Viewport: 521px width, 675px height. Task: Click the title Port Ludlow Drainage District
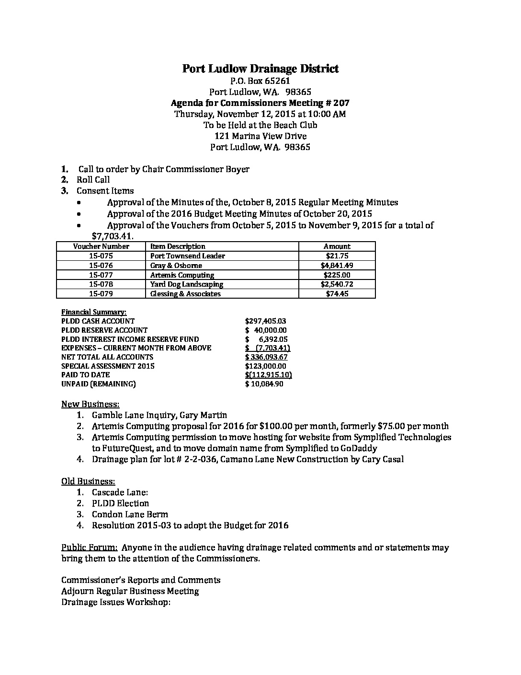click(x=260, y=69)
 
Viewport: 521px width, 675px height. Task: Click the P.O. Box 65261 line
click(x=260, y=81)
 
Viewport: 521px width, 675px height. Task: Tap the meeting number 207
click(x=342, y=103)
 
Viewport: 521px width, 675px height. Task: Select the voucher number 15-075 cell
click(x=101, y=256)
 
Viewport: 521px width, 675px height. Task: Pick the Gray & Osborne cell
click(x=176, y=266)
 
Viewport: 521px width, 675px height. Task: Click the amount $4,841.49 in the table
click(x=337, y=266)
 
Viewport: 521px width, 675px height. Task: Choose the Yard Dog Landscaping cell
click(x=187, y=284)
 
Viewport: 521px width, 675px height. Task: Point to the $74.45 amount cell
click(x=337, y=294)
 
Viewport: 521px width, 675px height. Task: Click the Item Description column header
click(x=178, y=246)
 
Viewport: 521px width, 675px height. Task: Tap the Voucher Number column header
click(x=101, y=246)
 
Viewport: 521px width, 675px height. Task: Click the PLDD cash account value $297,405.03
click(x=265, y=321)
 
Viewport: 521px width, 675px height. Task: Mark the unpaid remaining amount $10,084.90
click(x=264, y=384)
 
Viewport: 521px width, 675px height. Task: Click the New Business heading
click(x=91, y=404)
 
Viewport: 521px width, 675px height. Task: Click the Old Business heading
click(x=88, y=481)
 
